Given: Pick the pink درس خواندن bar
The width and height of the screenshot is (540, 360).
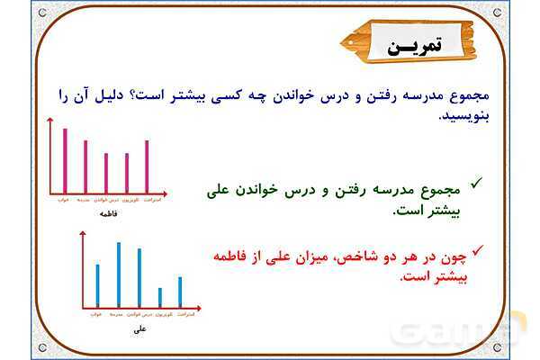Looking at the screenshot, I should [x=106, y=173].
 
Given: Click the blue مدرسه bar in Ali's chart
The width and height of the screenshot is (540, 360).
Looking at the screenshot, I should [x=118, y=274].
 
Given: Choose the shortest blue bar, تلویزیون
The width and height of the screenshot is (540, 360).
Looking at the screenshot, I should [x=160, y=297].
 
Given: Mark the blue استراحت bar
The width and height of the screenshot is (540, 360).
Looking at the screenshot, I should [x=180, y=292].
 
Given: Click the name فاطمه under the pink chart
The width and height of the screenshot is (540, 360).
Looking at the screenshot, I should [x=108, y=213].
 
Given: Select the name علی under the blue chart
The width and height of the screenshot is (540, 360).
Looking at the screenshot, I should [x=139, y=328].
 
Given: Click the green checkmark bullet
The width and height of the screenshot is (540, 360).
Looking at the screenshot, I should [x=477, y=183].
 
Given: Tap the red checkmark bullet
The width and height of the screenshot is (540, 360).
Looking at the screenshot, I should [x=478, y=247].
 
